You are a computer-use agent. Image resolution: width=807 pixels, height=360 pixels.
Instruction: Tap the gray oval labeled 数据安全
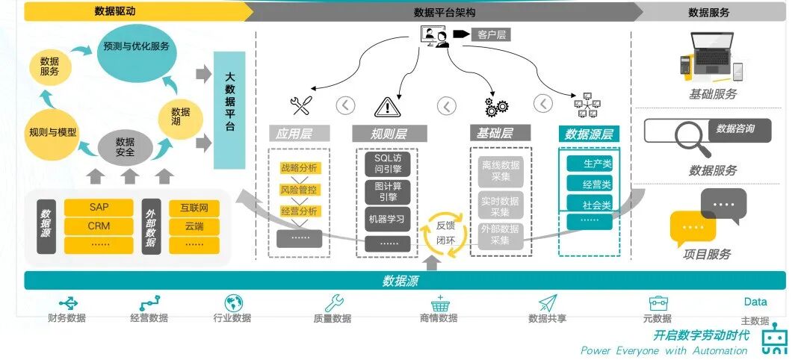[125, 147]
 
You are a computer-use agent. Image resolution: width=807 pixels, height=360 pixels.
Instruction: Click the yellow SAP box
[99, 207]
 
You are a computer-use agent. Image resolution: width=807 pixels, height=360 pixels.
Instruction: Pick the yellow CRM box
[99, 226]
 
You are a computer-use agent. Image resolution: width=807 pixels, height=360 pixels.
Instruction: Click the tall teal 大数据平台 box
[229, 111]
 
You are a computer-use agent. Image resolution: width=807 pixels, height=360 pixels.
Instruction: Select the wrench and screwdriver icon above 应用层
[300, 106]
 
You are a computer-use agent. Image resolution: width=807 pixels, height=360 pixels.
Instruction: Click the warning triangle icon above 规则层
[388, 107]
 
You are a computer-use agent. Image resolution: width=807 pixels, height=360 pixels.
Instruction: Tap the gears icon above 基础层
[495, 107]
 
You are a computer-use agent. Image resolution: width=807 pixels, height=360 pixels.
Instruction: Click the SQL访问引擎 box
[388, 164]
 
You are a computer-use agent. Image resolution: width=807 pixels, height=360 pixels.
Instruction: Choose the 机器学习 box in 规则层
[388, 219]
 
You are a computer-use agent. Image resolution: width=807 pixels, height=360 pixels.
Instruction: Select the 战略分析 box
[299, 168]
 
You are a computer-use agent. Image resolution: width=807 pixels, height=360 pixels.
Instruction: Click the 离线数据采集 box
[501, 172]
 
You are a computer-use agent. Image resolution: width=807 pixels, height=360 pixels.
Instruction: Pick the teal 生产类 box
[589, 164]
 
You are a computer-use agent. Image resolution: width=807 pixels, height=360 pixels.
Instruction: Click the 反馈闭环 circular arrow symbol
[445, 232]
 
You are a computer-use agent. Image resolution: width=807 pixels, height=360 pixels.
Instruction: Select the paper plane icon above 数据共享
[548, 303]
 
